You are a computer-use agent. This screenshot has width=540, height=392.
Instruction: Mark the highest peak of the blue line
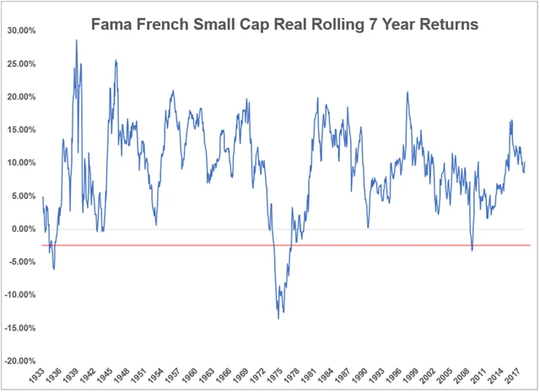(x=77, y=40)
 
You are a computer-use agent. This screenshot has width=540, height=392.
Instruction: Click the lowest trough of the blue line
(x=278, y=318)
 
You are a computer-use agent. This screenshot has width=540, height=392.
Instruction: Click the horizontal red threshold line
(x=337, y=245)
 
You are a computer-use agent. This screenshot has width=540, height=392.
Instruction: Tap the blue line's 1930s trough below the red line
(x=54, y=268)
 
